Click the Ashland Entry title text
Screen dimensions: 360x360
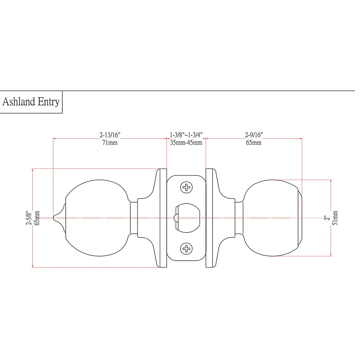point(31,102)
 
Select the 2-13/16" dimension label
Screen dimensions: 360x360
point(110,135)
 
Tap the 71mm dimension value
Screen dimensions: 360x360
point(110,143)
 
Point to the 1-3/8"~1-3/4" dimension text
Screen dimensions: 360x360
point(186,135)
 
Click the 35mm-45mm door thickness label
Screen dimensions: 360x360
point(186,143)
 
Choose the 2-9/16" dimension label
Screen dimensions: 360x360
point(254,135)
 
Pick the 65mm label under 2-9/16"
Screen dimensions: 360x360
point(254,143)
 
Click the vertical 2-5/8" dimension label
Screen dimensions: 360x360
point(29,218)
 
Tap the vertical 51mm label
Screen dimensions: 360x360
point(335,218)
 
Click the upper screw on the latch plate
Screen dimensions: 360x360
point(186,188)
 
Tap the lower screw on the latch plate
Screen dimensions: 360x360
point(186,248)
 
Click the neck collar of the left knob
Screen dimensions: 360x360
point(134,218)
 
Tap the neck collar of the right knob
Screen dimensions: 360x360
point(239,218)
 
